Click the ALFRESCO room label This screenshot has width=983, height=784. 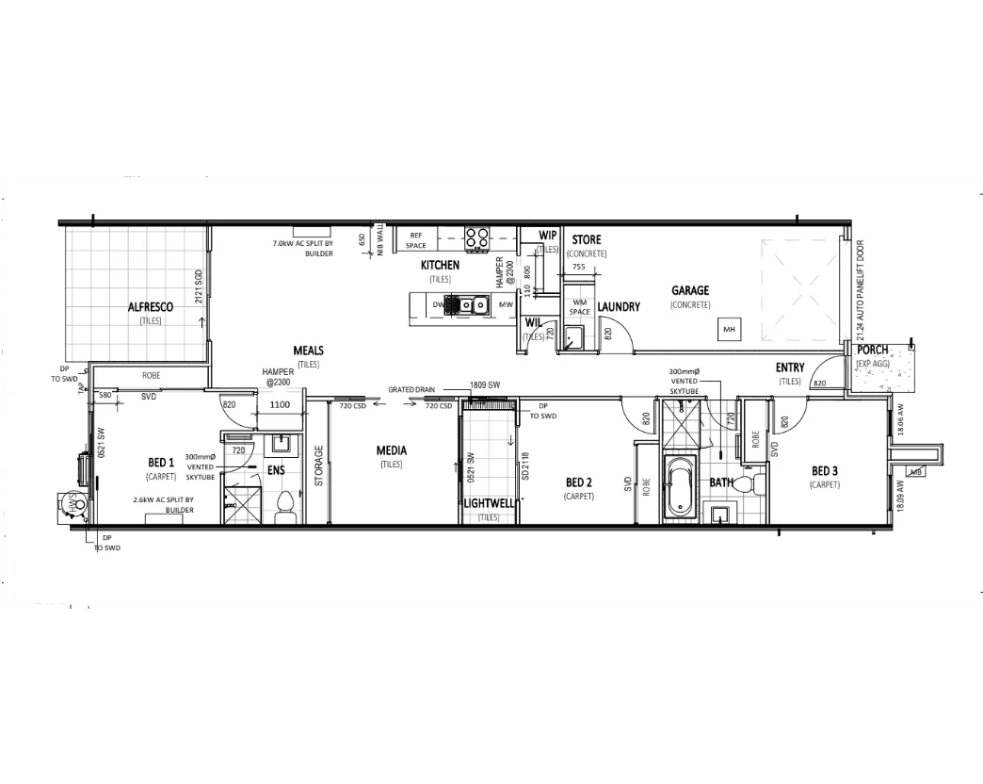(x=151, y=306)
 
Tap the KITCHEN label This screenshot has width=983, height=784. (x=440, y=266)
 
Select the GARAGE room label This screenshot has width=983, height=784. (x=690, y=290)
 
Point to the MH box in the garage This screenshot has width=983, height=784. (x=728, y=329)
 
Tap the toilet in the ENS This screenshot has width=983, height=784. (x=284, y=509)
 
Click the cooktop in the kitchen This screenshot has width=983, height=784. (x=477, y=237)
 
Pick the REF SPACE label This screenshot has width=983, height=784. (x=416, y=239)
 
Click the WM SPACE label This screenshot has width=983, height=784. (x=579, y=307)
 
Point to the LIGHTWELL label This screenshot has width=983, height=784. (x=489, y=503)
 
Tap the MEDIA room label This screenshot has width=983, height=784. (x=391, y=450)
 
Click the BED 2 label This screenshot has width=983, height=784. (x=577, y=482)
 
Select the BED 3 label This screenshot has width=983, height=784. (x=823, y=471)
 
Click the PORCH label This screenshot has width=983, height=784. (x=872, y=350)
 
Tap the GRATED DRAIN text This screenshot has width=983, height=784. (x=411, y=388)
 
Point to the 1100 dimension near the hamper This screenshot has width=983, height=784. (x=281, y=404)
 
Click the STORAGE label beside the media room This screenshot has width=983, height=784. (x=319, y=465)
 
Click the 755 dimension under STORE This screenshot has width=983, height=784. (x=578, y=267)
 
